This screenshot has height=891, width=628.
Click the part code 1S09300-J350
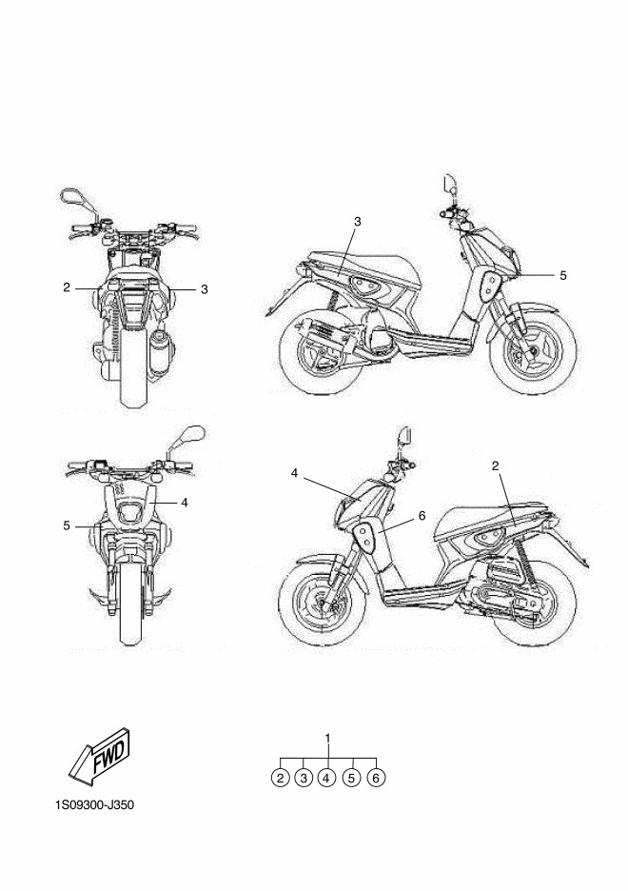click(95, 806)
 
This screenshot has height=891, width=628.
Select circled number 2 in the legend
click(280, 778)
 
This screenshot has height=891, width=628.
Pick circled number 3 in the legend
click(304, 778)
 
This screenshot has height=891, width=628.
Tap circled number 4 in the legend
click(327, 778)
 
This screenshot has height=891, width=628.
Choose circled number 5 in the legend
click(352, 778)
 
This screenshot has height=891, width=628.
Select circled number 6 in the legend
click(376, 778)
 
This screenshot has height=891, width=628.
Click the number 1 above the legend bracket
click(328, 738)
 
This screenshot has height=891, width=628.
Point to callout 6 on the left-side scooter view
click(422, 515)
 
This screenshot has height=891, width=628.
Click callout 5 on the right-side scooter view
click(563, 275)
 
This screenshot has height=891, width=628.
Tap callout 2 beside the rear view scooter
click(67, 287)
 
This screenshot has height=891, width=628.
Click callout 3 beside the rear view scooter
click(204, 287)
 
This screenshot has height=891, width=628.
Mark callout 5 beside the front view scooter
click(67, 525)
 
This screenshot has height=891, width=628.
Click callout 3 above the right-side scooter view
click(357, 222)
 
